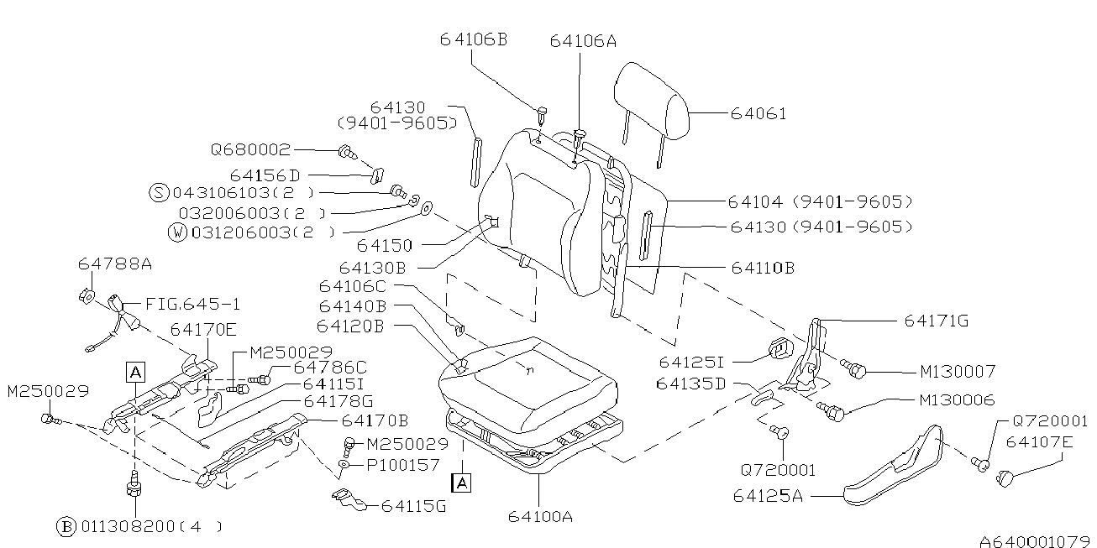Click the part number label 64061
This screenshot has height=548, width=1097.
pyautogui.click(x=758, y=113)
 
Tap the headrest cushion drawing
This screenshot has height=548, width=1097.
pyautogui.click(x=652, y=100)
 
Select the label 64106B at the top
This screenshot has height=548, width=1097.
pyautogui.click(x=474, y=39)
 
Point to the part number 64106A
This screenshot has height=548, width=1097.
pyautogui.click(x=584, y=40)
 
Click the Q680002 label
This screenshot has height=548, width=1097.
pyautogui.click(x=250, y=150)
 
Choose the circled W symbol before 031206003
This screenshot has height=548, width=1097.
pyautogui.click(x=177, y=233)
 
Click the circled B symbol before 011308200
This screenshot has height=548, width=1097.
pyautogui.click(x=66, y=526)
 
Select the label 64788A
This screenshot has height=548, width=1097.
pyautogui.click(x=115, y=264)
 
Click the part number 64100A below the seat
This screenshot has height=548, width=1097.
pyautogui.click(x=540, y=516)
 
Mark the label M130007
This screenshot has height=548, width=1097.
pyautogui.click(x=958, y=371)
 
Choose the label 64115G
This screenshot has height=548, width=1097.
pyautogui.click(x=413, y=505)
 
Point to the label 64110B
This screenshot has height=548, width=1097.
pyautogui.click(x=762, y=268)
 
